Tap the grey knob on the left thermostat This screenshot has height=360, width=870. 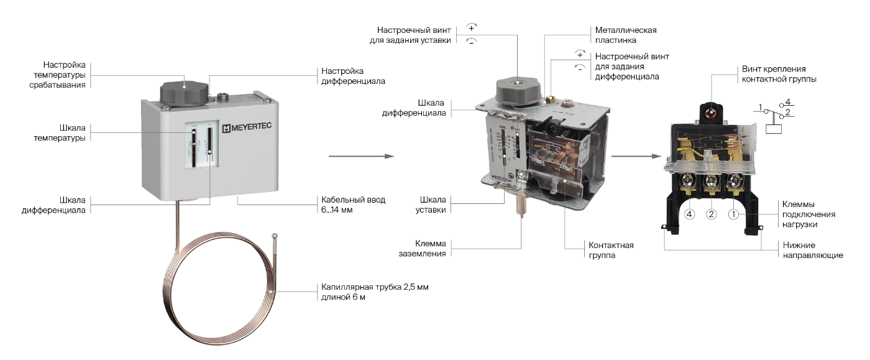point(181,93)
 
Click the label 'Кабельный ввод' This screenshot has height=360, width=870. point(353,200)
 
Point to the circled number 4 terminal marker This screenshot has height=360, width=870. point(689,215)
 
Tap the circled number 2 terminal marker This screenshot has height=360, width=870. point(712,215)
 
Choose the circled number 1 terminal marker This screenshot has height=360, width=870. point(733,215)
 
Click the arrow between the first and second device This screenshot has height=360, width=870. point(361,156)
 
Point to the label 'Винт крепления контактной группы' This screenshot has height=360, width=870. point(779,73)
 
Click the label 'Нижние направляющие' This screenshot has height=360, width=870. point(812,250)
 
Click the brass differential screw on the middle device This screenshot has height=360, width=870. point(550,98)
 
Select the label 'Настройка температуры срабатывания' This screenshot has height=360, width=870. point(64,74)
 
